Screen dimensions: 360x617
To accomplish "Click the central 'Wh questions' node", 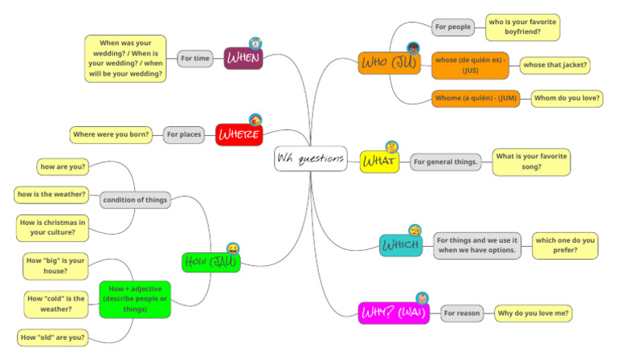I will tap(310, 159).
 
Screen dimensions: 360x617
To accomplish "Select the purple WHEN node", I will tap(243, 58).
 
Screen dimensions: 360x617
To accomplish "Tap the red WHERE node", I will tap(239, 134).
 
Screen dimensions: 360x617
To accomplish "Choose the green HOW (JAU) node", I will tap(210, 261).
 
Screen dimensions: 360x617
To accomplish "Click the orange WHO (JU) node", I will tap(389, 63).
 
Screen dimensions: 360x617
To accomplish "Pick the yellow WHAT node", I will tap(378, 162).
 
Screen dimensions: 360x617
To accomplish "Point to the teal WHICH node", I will tap(400, 245).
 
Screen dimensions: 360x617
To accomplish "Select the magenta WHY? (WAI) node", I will tap(394, 313).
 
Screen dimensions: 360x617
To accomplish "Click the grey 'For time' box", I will tap(195, 58).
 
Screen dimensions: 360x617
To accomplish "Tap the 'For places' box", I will tap(184, 134).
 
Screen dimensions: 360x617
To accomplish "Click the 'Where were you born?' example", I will tap(111, 134).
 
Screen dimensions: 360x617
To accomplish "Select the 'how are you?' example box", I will tap(63, 167).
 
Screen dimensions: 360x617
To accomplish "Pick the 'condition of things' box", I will tap(135, 200).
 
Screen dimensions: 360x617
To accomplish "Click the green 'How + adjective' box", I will tap(134, 298).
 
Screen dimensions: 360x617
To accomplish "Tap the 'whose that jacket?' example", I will tap(555, 64).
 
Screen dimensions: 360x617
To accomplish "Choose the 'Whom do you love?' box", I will tap(566, 98).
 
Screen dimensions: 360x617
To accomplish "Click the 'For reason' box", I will tap(463, 313).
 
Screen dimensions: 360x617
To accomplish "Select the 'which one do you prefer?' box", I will tap(565, 245).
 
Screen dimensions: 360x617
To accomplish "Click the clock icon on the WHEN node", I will tap(255, 43).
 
